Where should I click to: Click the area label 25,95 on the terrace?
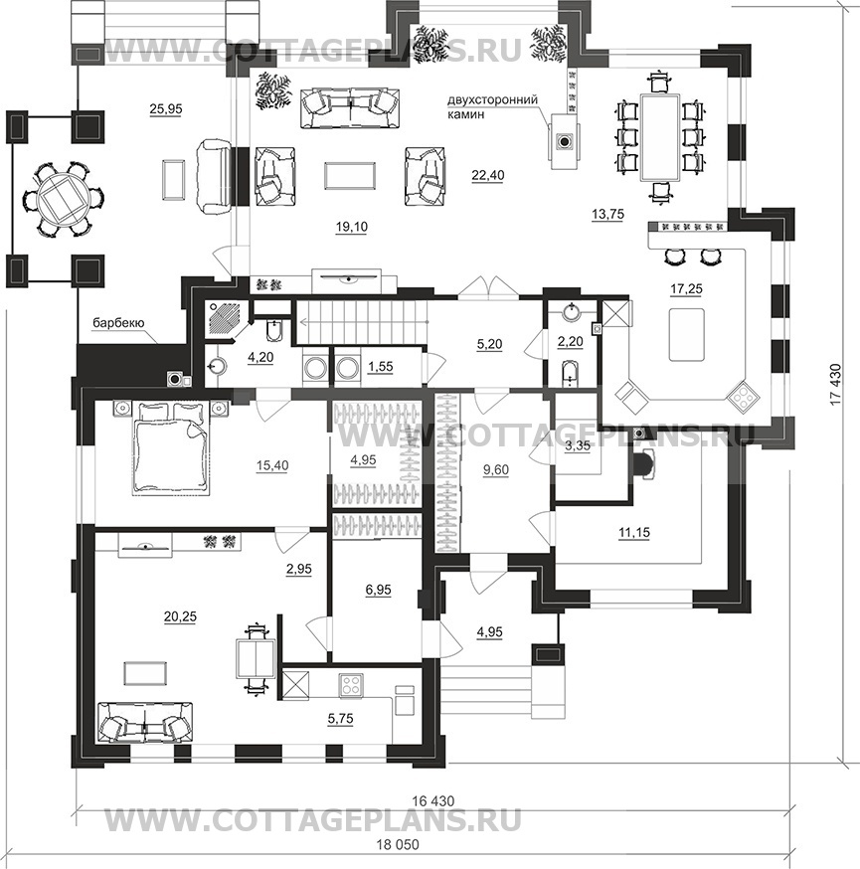coord(166,109)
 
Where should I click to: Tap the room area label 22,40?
coord(487,175)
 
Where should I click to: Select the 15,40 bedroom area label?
coord(272,465)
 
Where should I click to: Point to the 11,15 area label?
coord(634,533)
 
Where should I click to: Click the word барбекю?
coord(118,322)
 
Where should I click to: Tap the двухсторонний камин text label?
coord(492,107)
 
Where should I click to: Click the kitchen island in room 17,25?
coord(686,334)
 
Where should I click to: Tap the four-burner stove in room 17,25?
coord(742,396)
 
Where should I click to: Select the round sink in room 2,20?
coord(571,311)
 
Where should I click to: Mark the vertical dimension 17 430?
coord(835,384)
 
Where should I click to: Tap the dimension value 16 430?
coord(433,800)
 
